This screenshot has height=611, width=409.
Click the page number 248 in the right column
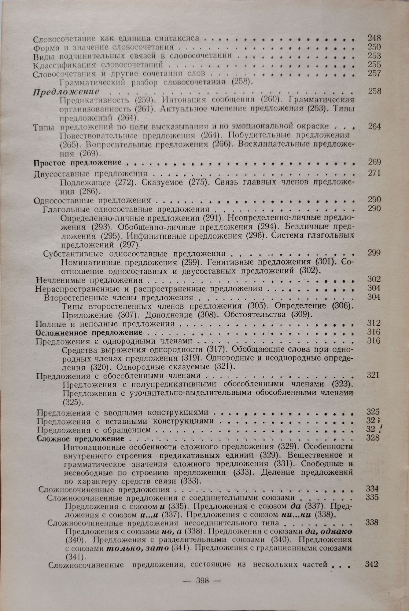pos(374,38)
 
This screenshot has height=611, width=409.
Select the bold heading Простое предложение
pos(78,162)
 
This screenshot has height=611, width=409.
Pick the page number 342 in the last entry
pos(372,564)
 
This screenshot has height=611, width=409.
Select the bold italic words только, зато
pos(144,547)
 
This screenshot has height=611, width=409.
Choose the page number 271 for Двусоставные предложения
pos(374,174)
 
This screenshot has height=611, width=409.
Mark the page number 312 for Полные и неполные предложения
pos(374,324)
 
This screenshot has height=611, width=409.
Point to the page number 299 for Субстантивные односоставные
pos(374,253)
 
